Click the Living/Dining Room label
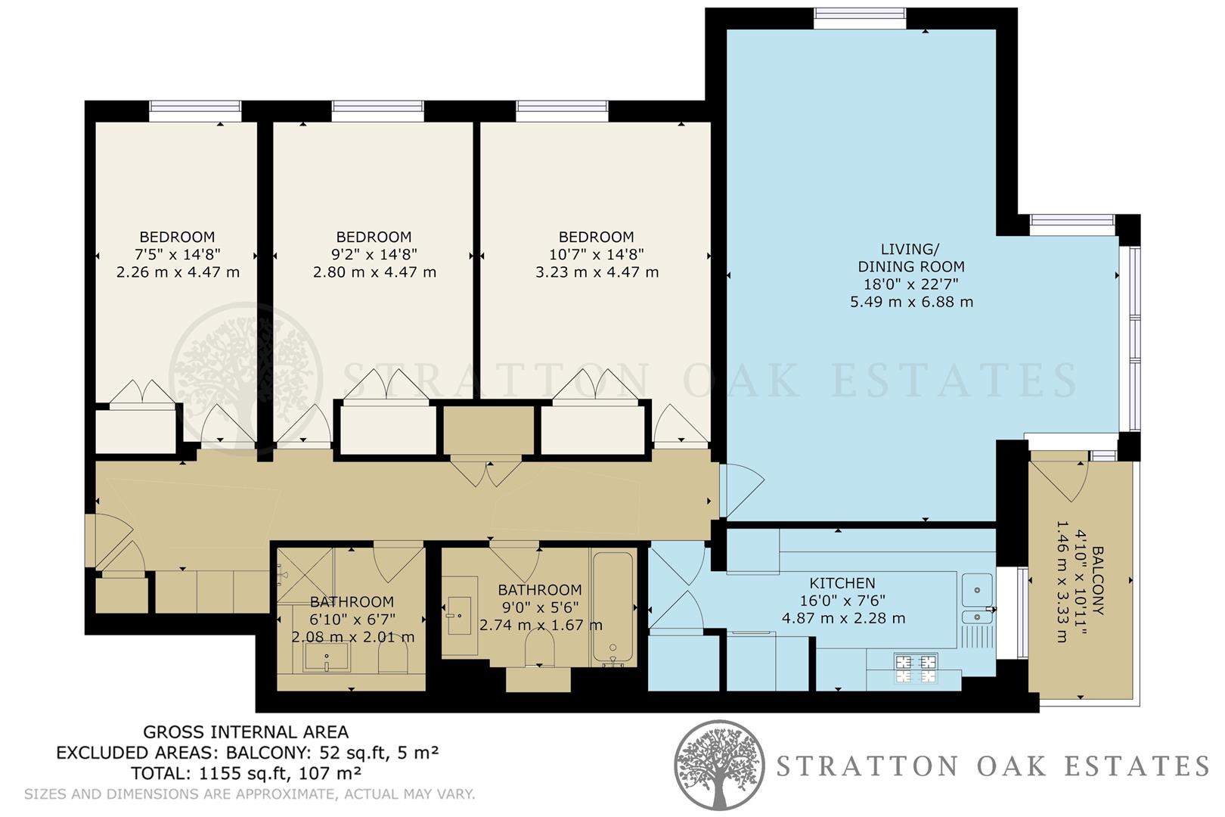coord(911,257)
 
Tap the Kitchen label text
coord(842,583)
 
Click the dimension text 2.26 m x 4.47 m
coord(178,272)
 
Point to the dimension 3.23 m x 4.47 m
coord(597,272)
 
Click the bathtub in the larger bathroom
coord(612,609)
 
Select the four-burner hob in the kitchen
coord(916,669)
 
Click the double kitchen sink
coord(977,600)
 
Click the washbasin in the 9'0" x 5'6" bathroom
coord(459,615)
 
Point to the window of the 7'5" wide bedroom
coord(194,111)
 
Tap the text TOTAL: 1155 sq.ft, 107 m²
coord(246,773)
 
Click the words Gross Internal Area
coord(246,732)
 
